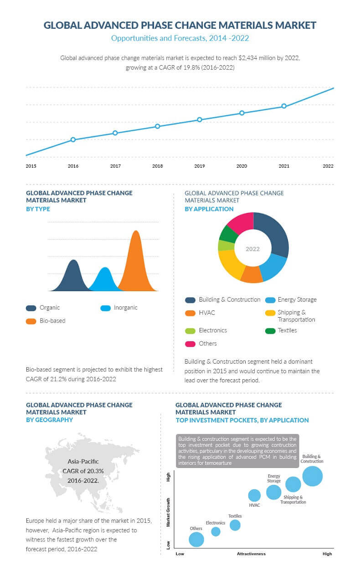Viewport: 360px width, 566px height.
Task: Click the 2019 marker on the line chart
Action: coord(200,119)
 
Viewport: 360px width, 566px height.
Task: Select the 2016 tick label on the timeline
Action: coord(73,166)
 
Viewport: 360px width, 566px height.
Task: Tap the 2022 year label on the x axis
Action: coord(328,166)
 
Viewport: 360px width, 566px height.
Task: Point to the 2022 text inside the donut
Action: coord(252,249)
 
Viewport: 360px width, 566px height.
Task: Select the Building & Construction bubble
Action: coord(312,476)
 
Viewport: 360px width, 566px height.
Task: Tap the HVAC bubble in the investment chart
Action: coord(254,495)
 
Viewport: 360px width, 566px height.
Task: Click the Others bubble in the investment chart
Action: coord(196,539)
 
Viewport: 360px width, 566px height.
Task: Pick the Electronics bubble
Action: coord(216,531)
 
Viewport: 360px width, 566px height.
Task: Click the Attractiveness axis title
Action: coord(251,554)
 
